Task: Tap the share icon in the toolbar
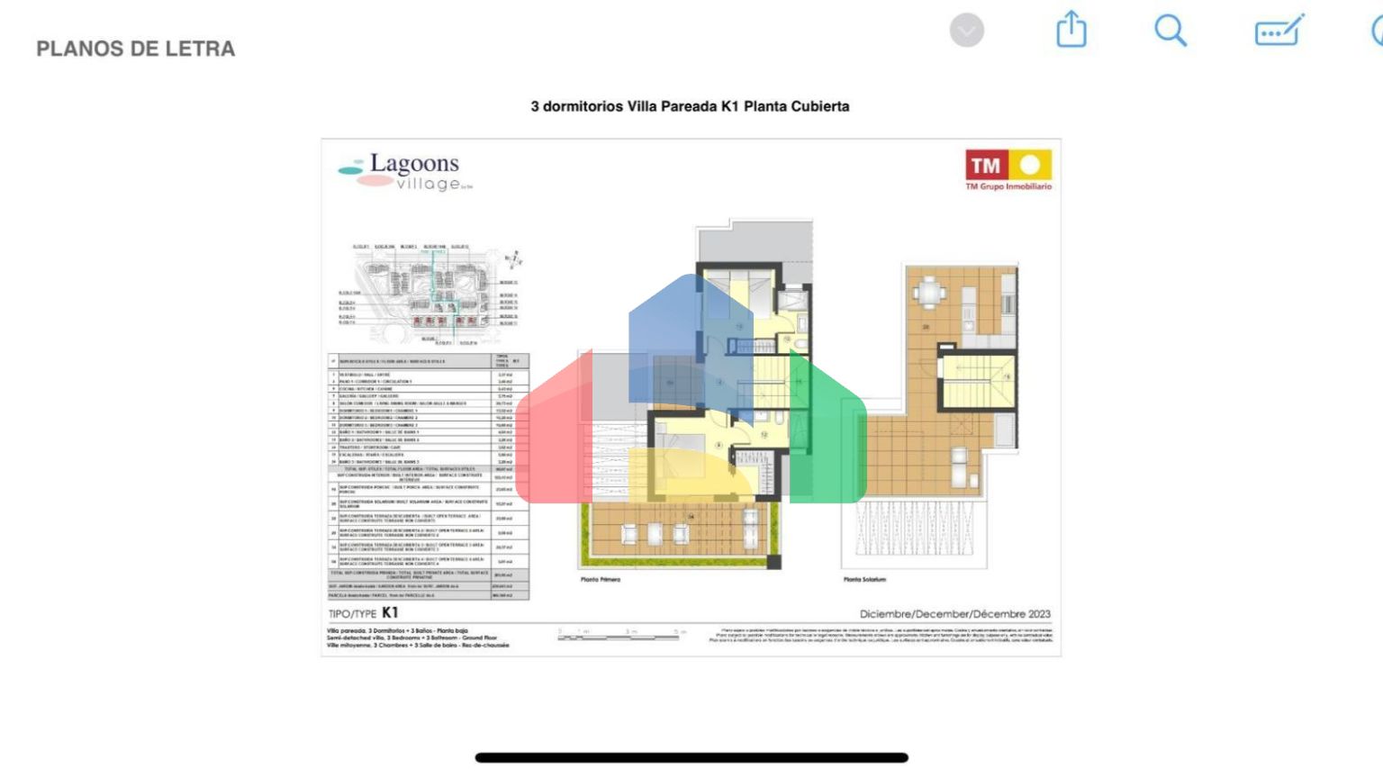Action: click(1071, 30)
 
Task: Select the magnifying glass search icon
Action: click(1170, 31)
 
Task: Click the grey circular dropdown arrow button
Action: click(966, 31)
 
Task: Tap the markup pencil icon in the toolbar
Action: click(1279, 31)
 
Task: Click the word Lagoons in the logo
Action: click(414, 164)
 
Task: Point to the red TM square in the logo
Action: click(986, 166)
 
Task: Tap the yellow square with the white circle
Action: click(1030, 166)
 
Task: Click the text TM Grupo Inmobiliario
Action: click(1008, 187)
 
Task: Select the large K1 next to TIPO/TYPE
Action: click(390, 612)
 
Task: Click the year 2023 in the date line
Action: click(1039, 614)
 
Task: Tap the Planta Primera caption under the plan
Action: click(601, 580)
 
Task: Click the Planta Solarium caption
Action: click(864, 580)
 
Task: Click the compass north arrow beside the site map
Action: click(512, 260)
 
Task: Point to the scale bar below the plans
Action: click(619, 637)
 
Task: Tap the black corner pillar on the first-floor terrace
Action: click(773, 563)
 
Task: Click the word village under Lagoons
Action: click(429, 184)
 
